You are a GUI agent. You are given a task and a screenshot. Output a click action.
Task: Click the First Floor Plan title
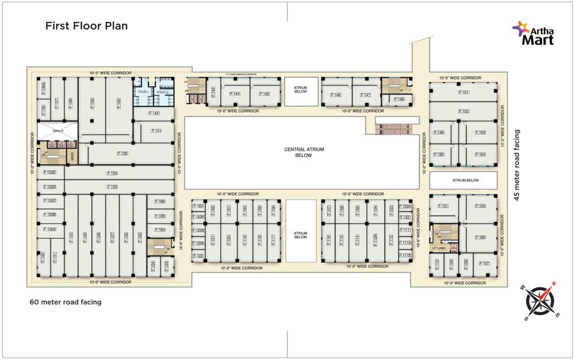(x=87, y=26)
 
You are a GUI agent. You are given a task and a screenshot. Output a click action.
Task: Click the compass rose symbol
(x=540, y=300)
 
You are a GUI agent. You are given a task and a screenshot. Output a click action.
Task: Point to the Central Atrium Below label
(x=304, y=152)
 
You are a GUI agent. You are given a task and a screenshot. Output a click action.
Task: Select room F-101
(x=464, y=92)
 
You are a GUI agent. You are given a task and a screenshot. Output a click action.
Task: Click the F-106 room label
(x=481, y=237)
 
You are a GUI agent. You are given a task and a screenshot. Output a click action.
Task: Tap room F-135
(x=122, y=154)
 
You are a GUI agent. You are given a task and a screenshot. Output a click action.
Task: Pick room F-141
(x=156, y=131)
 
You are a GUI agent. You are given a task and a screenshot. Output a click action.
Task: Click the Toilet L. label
(x=142, y=92)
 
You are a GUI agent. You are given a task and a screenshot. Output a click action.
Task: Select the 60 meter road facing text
(x=66, y=302)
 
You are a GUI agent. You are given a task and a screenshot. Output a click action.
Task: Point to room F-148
(x=400, y=99)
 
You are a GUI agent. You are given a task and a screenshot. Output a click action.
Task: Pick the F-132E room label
(x=51, y=173)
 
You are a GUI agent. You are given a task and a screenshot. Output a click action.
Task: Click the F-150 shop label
(x=439, y=155)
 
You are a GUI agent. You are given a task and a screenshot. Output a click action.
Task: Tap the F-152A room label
(x=405, y=206)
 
